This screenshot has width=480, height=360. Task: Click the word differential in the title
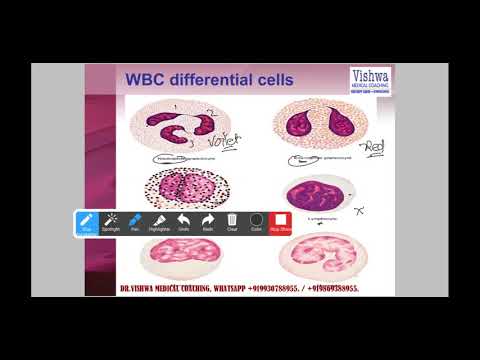click(209, 80)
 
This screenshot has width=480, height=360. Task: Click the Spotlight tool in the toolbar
click(110, 222)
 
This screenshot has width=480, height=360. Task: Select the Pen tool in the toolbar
click(135, 222)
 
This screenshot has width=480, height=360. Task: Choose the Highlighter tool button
click(159, 222)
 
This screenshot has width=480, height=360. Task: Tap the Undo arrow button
click(184, 222)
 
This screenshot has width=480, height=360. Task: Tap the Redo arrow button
click(208, 222)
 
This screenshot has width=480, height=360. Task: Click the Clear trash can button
click(232, 222)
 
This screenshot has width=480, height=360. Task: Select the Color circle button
click(256, 222)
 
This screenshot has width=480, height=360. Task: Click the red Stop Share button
click(281, 222)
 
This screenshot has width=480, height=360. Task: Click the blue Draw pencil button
click(86, 222)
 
